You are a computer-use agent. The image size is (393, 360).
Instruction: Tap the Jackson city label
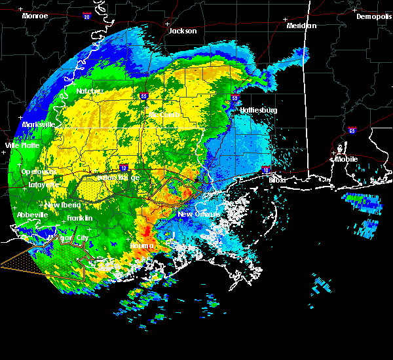(x=182, y=31)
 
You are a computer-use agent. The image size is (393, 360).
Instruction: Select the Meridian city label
(x=301, y=26)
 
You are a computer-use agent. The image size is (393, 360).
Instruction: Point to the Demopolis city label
(x=373, y=17)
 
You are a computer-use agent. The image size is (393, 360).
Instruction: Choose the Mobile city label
(x=347, y=159)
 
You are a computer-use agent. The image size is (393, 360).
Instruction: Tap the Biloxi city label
(x=278, y=179)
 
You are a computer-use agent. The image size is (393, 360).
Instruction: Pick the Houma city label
(x=141, y=245)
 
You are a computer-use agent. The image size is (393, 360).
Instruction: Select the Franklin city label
(x=79, y=218)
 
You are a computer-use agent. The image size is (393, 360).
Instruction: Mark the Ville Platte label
(x=22, y=145)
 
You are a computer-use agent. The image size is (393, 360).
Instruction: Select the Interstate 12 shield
(x=123, y=168)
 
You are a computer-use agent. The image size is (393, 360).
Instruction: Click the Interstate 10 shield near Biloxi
(x=266, y=171)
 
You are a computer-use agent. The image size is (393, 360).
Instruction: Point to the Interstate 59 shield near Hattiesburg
(x=235, y=99)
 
